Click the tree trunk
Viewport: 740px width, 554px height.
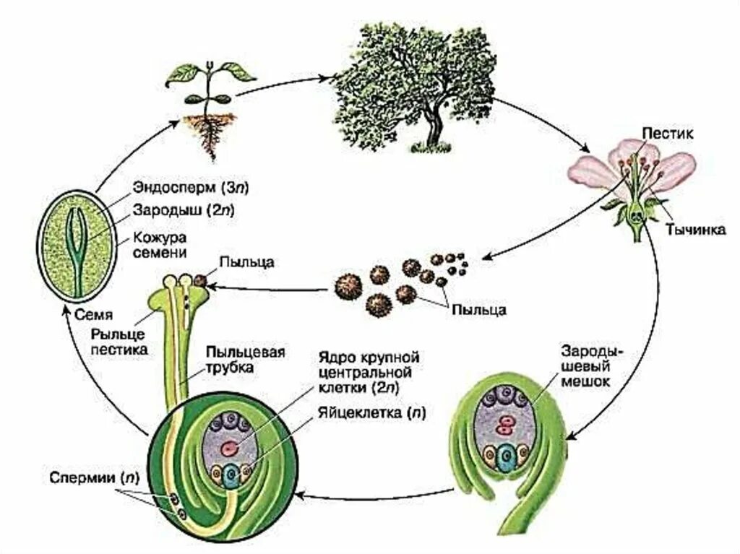(434, 130)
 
